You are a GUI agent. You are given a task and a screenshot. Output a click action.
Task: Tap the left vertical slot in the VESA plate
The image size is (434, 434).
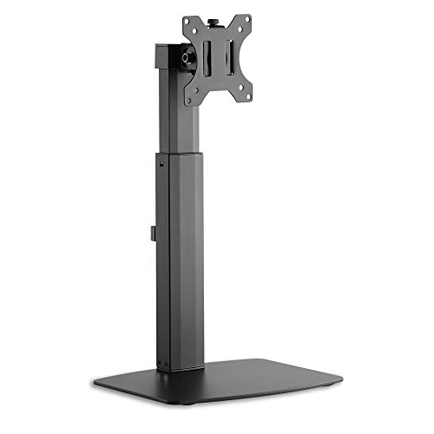208,62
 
